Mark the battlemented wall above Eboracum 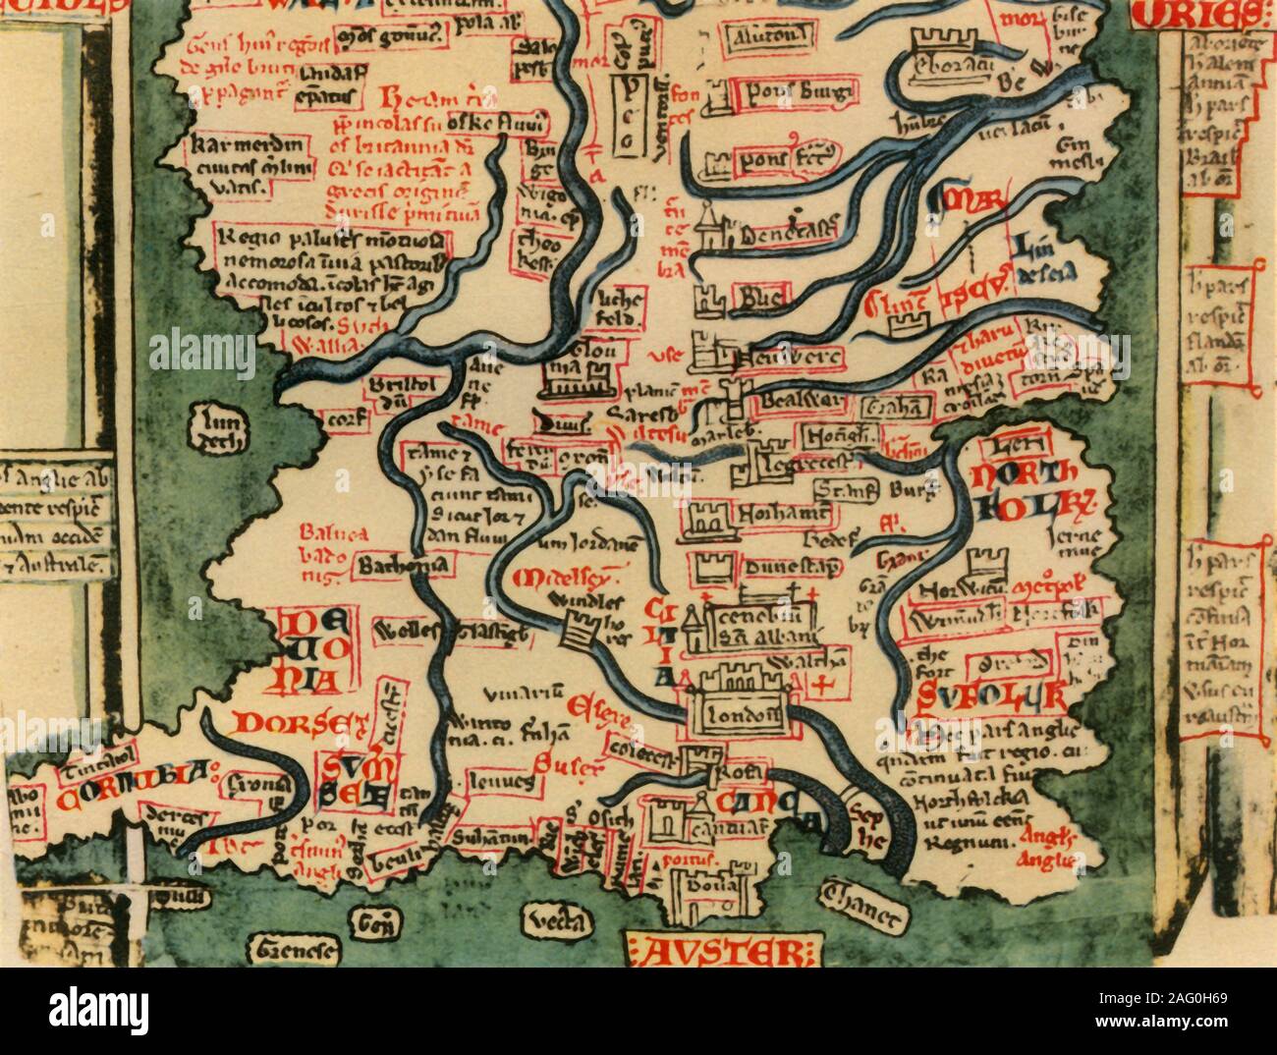pos(943,40)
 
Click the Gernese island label pos(292,950)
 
